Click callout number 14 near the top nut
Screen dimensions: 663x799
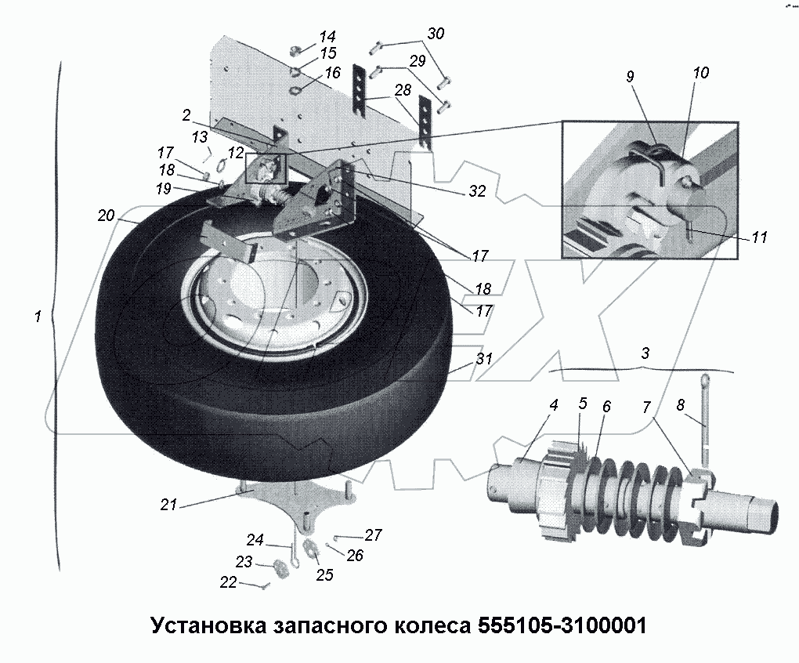click(x=327, y=36)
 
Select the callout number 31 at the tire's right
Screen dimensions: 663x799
click(x=484, y=360)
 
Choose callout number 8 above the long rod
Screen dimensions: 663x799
click(x=680, y=405)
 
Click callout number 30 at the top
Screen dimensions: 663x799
click(x=436, y=34)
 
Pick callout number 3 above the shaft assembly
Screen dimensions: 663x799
click(x=645, y=353)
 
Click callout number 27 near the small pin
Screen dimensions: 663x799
click(x=373, y=535)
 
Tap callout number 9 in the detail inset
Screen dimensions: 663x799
click(x=631, y=77)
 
